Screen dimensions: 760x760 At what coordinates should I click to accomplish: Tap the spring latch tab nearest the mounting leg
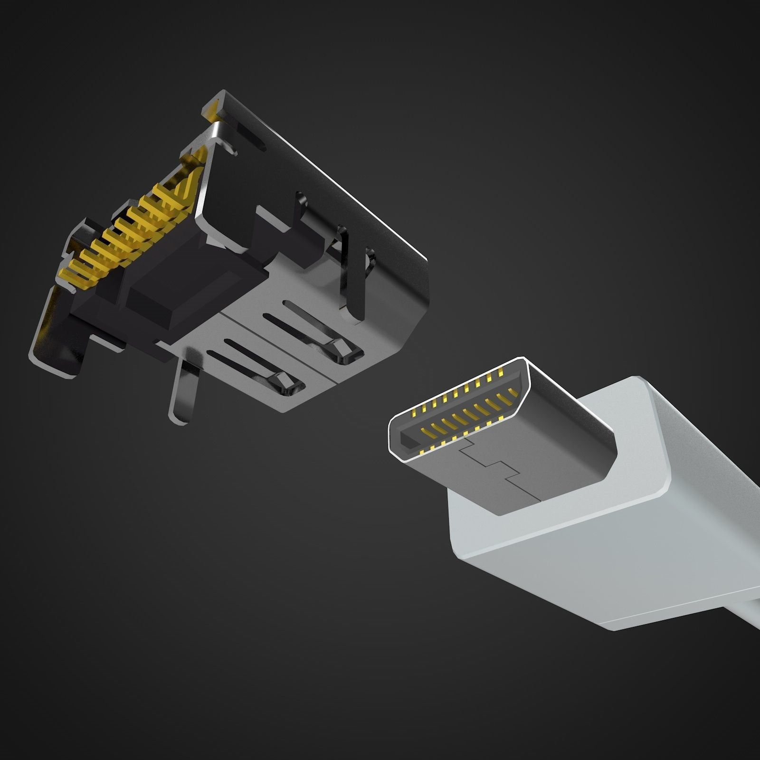[x=285, y=383]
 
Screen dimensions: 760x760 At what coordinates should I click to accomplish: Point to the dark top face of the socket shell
[x=332, y=180]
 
